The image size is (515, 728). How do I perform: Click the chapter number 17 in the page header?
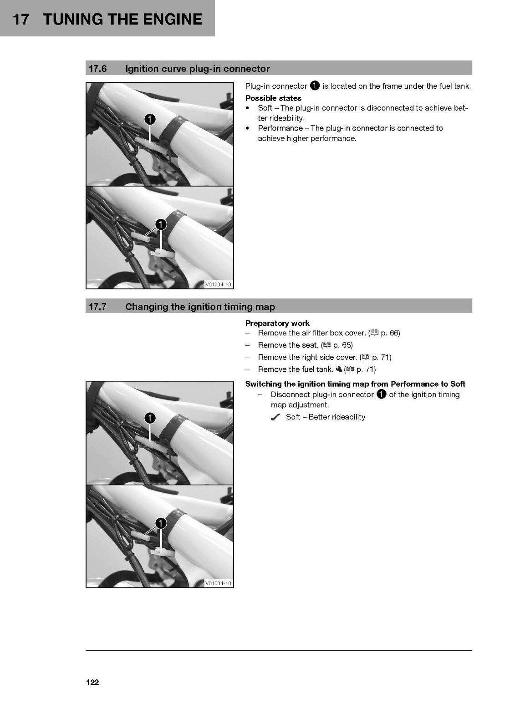tap(20, 19)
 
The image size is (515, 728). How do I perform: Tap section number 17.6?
tap(97, 69)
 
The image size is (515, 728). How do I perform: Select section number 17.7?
tap(97, 307)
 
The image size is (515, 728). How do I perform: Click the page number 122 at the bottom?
tap(92, 682)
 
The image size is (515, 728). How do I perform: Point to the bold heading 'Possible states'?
tap(273, 98)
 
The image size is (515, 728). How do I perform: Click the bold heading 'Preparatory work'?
tap(277, 323)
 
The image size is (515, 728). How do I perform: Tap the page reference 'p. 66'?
tap(389, 333)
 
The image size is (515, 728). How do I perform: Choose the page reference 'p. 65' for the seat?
tap(342, 345)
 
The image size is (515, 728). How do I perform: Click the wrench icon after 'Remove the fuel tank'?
tap(339, 369)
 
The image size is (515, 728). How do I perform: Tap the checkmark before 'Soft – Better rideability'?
tap(275, 417)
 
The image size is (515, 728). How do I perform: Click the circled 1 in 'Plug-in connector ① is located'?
tap(315, 86)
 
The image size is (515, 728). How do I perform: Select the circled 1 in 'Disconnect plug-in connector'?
tap(381, 394)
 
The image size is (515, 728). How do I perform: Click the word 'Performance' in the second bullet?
tap(280, 128)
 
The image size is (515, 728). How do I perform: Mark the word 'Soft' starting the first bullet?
tap(265, 108)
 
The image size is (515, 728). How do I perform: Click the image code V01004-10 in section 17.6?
tap(218, 284)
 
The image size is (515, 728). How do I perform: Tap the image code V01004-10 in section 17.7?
tap(218, 583)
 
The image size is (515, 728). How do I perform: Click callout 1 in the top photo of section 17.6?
tap(150, 119)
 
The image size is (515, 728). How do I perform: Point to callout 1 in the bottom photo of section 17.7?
tap(161, 523)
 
